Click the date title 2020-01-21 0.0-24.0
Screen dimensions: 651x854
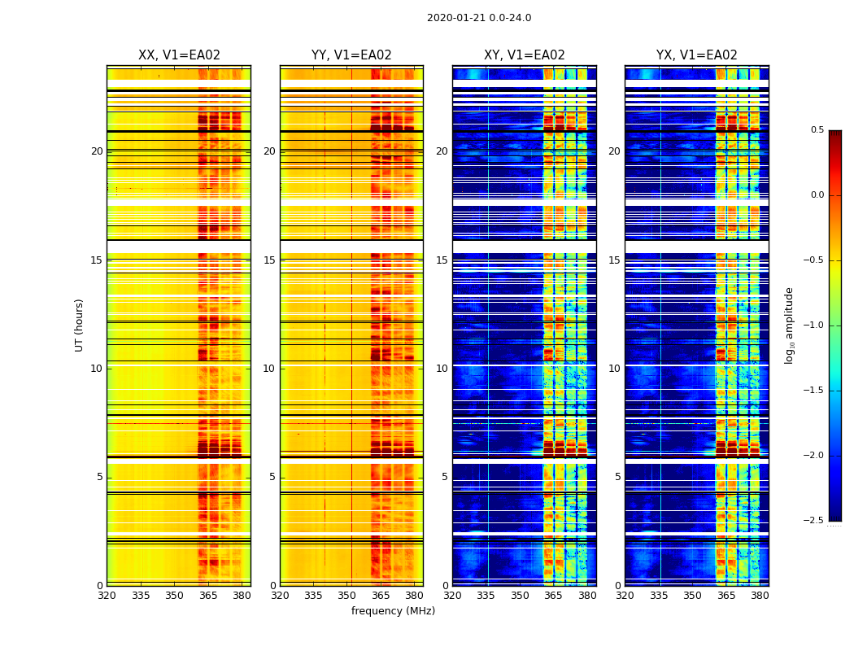tap(479, 18)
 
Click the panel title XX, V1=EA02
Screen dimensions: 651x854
tap(179, 55)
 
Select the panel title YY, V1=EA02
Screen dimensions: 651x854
tap(351, 55)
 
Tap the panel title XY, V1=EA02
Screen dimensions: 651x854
tap(525, 55)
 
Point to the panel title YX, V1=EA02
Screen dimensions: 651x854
tap(697, 55)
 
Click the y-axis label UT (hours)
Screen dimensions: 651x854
tap(80, 325)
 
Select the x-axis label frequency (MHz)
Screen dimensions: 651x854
tap(393, 611)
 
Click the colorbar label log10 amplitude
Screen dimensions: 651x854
tap(789, 325)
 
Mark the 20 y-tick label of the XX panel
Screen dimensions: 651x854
tap(97, 151)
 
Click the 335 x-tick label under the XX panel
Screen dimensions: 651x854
tap(141, 596)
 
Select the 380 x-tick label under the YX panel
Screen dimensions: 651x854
tap(760, 596)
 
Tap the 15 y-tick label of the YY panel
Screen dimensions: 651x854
tap(270, 260)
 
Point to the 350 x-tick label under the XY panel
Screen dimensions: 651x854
tap(521, 596)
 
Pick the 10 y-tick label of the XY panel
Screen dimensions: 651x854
tap(442, 369)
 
